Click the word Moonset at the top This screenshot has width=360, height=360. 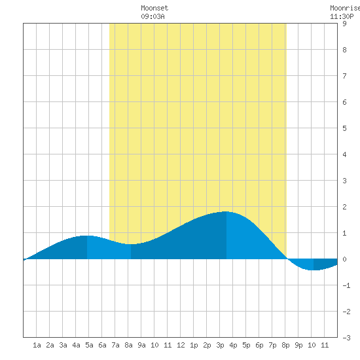154,8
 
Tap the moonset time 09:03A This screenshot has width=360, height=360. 153,16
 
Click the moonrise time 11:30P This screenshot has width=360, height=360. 342,16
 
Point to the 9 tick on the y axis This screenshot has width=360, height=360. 344,24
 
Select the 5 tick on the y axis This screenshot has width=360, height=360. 344,128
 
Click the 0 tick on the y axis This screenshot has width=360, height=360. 344,259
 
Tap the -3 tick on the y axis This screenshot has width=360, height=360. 346,338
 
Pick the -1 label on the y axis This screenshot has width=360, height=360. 346,285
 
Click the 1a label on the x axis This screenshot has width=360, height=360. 37,345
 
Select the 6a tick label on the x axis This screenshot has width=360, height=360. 102,345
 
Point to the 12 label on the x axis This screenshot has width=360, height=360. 181,345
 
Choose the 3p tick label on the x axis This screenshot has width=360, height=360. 220,345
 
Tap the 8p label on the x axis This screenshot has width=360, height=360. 285,345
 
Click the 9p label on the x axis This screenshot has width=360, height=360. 298,345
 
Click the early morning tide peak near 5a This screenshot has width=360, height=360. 87,236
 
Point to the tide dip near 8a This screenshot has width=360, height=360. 131,244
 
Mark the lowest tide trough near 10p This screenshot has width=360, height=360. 314,270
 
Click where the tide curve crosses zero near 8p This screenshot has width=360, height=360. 287,259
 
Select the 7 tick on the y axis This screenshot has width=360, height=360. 344,76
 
